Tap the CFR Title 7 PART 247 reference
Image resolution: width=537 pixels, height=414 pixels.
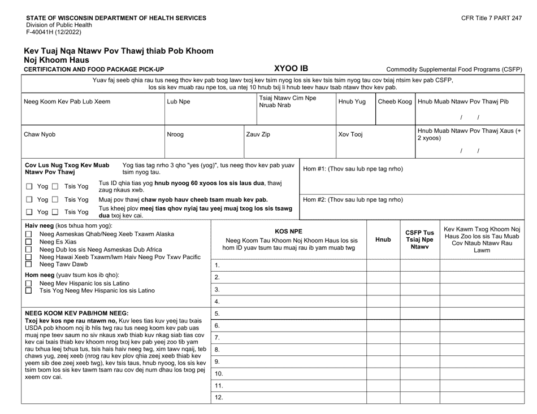click(x=491, y=19)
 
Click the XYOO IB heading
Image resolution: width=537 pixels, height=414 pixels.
click(x=291, y=68)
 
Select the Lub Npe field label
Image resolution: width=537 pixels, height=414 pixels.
click(x=179, y=102)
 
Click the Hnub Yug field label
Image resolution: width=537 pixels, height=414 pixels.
click(x=352, y=102)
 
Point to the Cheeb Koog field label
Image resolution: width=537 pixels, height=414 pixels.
click(x=395, y=102)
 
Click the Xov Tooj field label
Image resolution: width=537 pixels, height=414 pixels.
click(x=350, y=135)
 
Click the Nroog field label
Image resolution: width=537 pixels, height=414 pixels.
click(x=175, y=135)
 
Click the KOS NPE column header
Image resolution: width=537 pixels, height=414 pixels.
click(x=288, y=231)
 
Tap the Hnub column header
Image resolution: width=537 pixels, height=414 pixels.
click(x=383, y=239)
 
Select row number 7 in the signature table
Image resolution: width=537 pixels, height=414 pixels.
click(x=218, y=338)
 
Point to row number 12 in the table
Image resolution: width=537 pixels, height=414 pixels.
click(x=219, y=397)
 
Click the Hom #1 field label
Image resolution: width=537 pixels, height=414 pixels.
click(x=353, y=168)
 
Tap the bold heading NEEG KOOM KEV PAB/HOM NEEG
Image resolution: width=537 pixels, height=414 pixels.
click(x=77, y=312)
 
